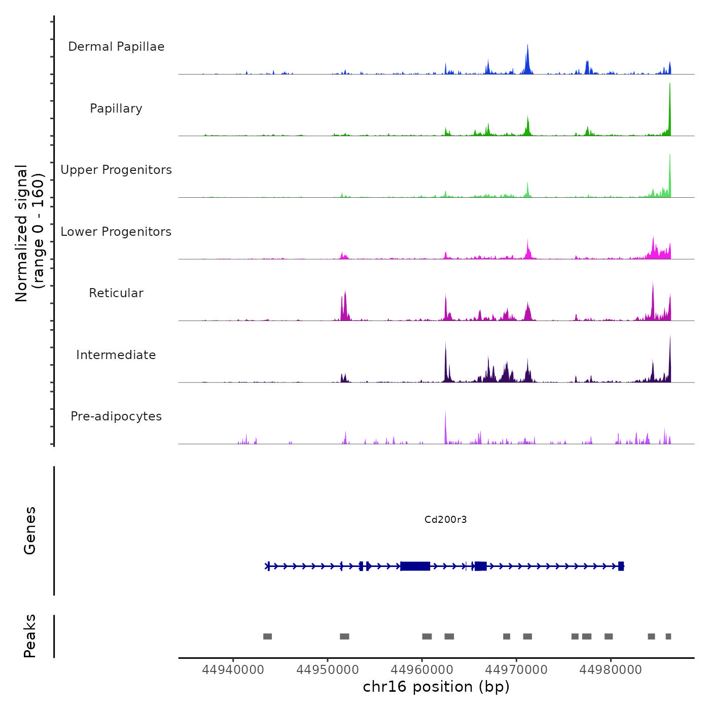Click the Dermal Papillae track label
click(116, 47)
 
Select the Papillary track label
click(116, 109)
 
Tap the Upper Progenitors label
click(116, 170)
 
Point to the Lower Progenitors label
click(116, 232)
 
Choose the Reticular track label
click(116, 293)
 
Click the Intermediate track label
click(116, 355)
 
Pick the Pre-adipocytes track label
click(116, 416)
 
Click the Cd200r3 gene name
click(445, 519)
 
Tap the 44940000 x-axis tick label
click(233, 669)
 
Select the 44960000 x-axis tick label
click(422, 669)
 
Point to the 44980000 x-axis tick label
click(611, 669)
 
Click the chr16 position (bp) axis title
click(436, 687)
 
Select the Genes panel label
click(29, 530)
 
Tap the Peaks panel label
click(29, 636)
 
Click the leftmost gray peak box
click(267, 636)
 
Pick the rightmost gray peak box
click(668, 636)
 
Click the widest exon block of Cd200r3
click(415, 566)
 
